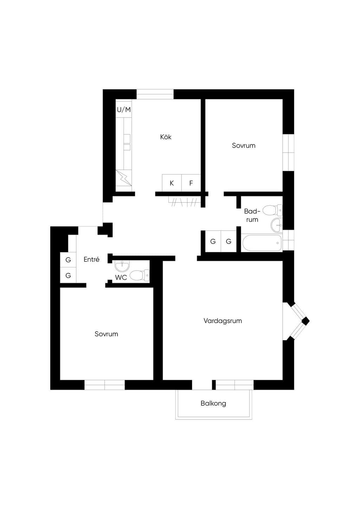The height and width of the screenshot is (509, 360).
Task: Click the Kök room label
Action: coord(166,137)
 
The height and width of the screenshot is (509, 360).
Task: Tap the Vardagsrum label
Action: coord(223,321)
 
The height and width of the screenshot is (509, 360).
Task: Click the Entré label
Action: coord(91,259)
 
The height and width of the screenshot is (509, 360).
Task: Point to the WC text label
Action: coord(121,277)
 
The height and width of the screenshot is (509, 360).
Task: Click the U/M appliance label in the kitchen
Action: coord(124,110)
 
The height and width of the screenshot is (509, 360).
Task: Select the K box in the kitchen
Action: coord(172,183)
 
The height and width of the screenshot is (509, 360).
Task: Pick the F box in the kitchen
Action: coord(191,183)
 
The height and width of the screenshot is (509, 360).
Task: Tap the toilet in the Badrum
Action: coord(272,210)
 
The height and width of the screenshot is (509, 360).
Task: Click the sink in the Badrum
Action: coord(277,225)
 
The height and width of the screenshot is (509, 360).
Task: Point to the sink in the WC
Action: coord(122,266)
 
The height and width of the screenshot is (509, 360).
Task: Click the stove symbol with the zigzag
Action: coord(124,178)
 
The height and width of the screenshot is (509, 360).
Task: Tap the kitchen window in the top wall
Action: coord(155,94)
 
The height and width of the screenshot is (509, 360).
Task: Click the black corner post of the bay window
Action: coord(306,321)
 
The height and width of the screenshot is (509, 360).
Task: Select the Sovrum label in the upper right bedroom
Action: coord(244,146)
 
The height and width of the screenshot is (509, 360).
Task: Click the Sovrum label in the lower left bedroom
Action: coord(107,334)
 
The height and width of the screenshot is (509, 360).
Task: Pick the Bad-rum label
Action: coord(252,215)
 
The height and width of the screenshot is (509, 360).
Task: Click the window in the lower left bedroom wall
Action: coord(104,385)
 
